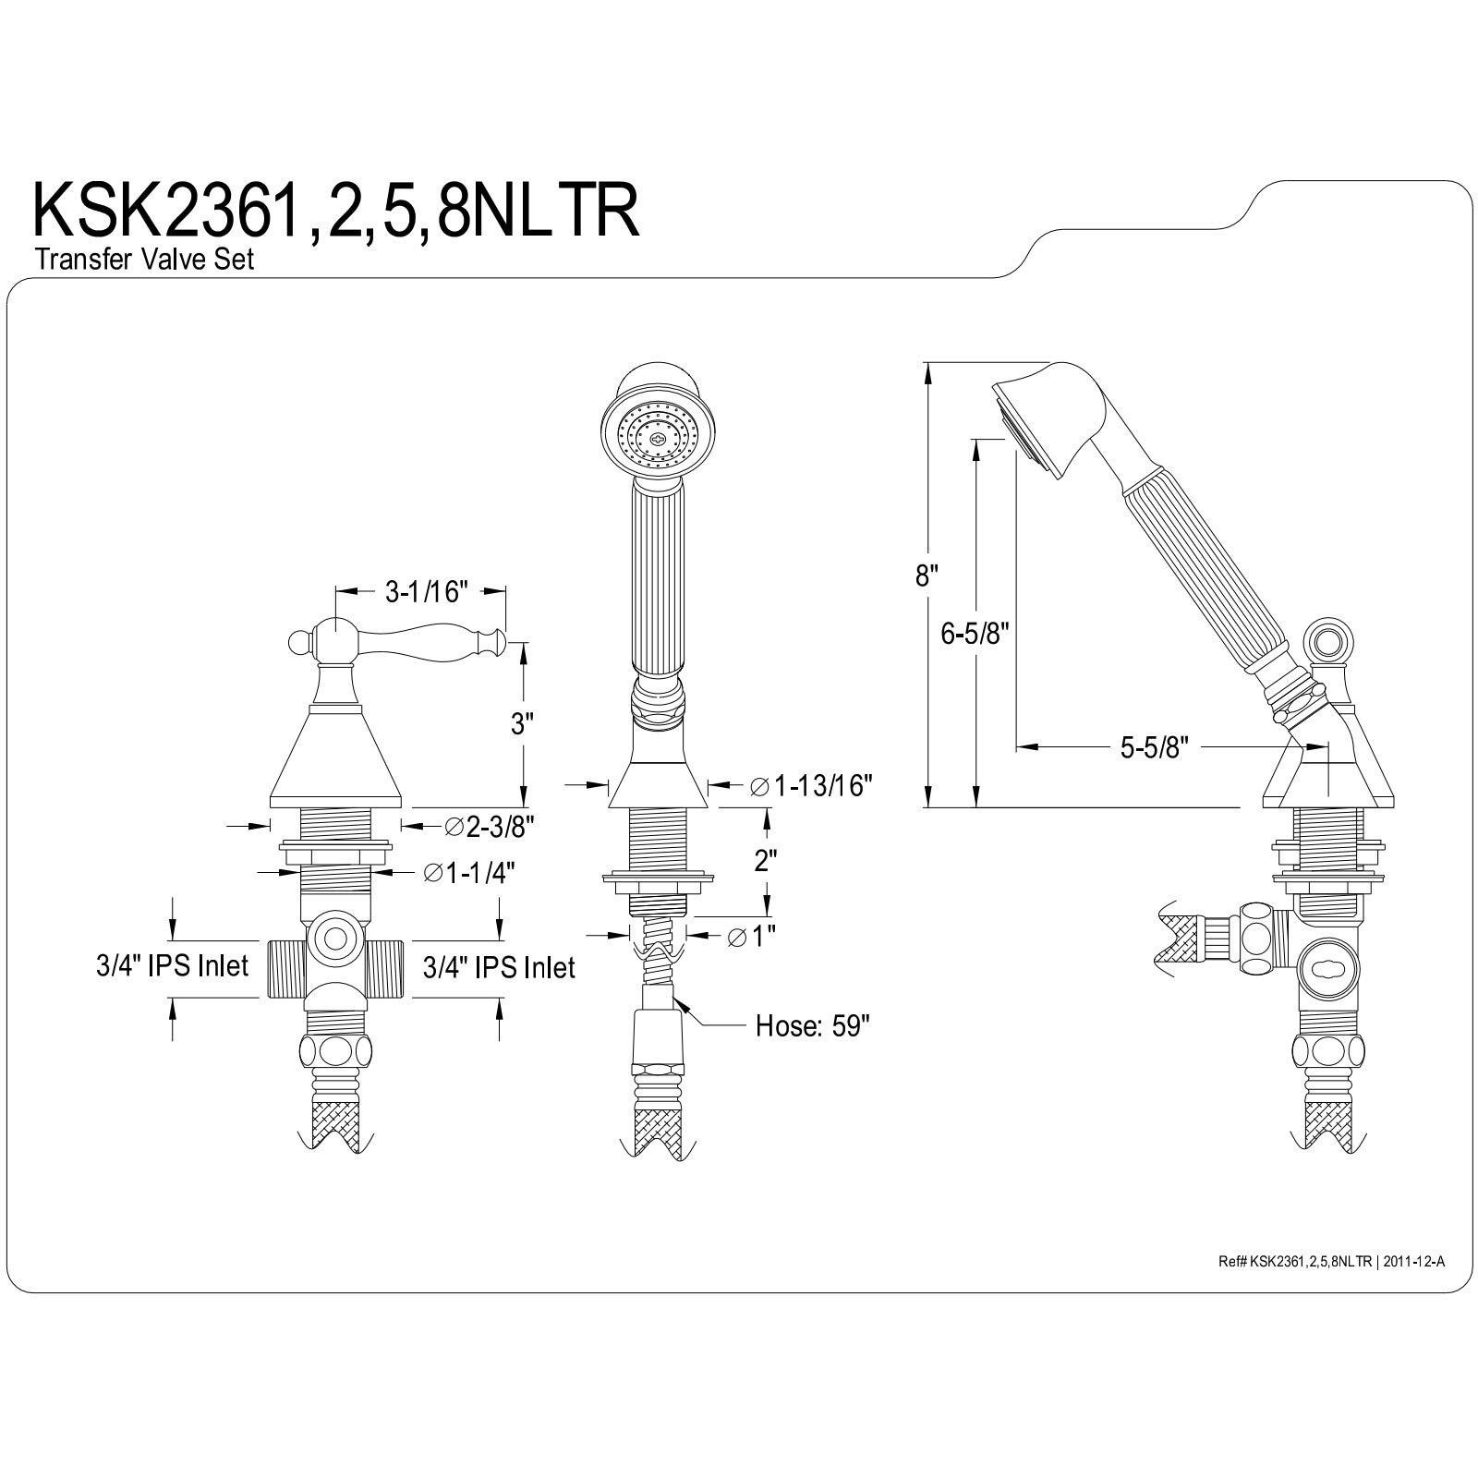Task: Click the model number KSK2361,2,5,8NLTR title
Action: coord(336,212)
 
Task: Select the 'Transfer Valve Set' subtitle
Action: coord(144,260)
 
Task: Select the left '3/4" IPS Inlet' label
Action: coord(172,966)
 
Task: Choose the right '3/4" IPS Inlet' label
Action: coord(499,967)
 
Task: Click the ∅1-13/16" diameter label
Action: coord(810,786)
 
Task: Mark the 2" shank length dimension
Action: coord(764,861)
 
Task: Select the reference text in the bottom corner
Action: coord(1330,1260)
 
